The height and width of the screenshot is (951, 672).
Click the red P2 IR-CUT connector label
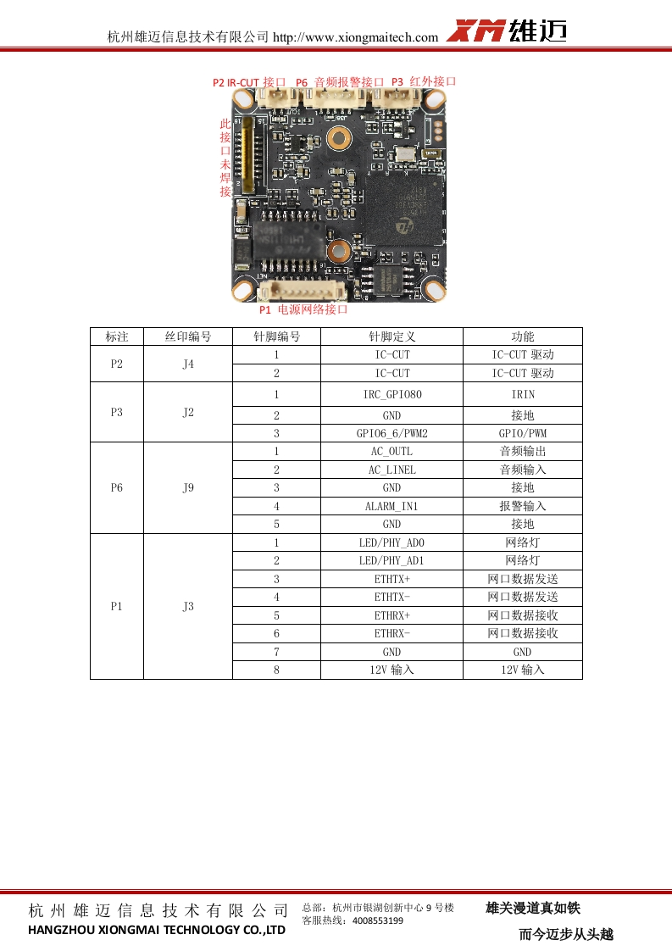(249, 82)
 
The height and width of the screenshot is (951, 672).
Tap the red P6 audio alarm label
(339, 82)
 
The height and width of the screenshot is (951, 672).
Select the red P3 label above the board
(424, 81)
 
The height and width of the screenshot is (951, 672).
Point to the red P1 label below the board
(303, 309)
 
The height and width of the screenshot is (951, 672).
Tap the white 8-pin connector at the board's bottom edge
(302, 292)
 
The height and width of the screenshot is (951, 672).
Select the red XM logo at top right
(475, 31)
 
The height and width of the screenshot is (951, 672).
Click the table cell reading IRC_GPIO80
(392, 394)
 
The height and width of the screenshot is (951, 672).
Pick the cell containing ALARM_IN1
(392, 506)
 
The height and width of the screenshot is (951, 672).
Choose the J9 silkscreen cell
(188, 487)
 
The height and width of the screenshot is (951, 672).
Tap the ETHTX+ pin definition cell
(392, 579)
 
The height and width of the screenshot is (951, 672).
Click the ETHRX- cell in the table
(392, 633)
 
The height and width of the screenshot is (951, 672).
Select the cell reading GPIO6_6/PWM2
(392, 433)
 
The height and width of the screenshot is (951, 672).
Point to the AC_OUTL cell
(392, 451)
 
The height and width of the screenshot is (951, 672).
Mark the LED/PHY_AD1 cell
(392, 560)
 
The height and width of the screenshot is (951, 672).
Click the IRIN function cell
(522, 394)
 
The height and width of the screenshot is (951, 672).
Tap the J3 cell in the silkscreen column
(188, 606)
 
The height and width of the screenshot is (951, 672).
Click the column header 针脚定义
(392, 336)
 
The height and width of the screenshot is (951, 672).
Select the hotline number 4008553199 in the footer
(377, 920)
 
